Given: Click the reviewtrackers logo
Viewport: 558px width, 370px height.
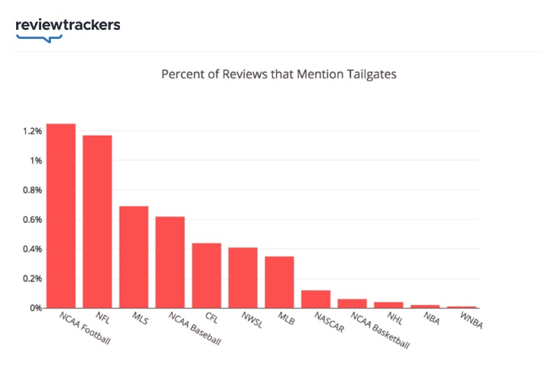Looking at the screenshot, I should (x=68, y=26).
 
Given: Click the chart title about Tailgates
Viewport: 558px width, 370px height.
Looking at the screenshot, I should (x=279, y=73).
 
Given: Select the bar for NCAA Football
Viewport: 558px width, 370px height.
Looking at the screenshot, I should (x=61, y=216).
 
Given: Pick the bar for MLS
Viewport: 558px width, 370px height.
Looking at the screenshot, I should (x=133, y=257).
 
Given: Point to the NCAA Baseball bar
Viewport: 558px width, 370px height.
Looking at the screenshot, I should (x=170, y=262).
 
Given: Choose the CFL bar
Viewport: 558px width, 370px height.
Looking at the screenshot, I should (x=206, y=275).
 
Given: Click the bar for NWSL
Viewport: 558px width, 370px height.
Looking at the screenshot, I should (x=243, y=277).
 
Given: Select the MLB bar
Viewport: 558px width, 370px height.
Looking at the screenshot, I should (x=279, y=282).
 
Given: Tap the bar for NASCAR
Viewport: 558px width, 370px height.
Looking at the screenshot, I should (x=315, y=299).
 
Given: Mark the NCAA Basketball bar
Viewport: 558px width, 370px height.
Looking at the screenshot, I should (x=352, y=303).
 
